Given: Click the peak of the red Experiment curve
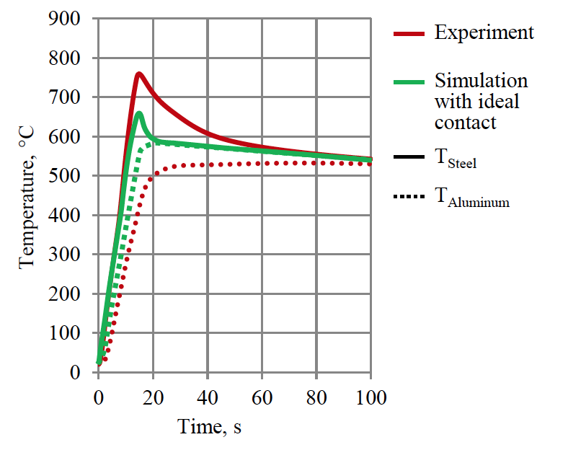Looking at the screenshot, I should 138,74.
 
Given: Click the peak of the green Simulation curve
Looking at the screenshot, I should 138,113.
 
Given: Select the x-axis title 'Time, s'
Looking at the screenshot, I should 209,427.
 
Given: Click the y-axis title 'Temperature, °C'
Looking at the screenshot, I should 27,195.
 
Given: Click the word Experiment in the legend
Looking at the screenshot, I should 484,32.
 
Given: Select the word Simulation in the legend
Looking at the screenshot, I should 481,80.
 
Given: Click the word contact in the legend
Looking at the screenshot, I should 465,122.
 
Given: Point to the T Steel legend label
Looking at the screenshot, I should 456,159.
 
